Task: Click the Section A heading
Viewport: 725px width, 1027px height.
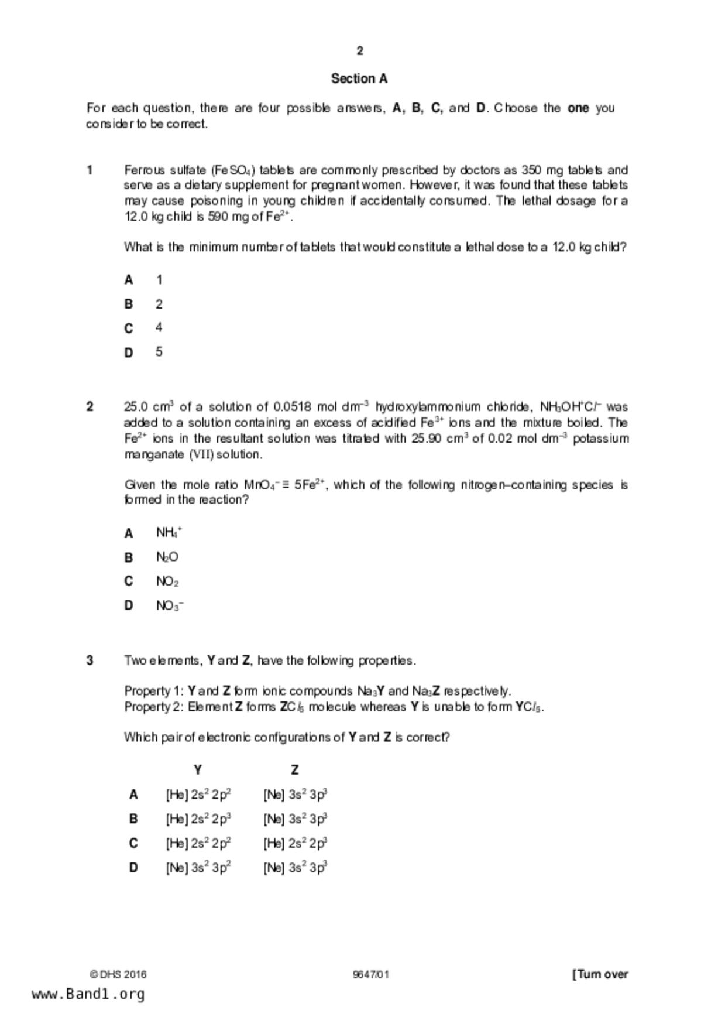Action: click(x=359, y=78)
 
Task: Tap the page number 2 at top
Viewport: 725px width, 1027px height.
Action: click(x=360, y=51)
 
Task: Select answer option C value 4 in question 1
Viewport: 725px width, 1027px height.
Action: click(x=159, y=328)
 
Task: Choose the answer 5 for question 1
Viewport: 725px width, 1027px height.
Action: click(x=159, y=352)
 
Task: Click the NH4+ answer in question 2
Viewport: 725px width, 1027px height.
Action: click(x=169, y=533)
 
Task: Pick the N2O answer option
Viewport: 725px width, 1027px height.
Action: click(x=167, y=557)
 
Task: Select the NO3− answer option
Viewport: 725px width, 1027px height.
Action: click(x=170, y=606)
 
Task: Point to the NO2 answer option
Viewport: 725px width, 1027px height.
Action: click(x=167, y=581)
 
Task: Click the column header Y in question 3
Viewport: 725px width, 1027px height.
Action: click(x=198, y=770)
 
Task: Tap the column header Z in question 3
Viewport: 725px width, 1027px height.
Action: click(x=295, y=770)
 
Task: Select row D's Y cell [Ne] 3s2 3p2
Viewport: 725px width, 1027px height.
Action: click(x=198, y=868)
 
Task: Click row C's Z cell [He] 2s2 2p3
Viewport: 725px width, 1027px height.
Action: click(x=295, y=843)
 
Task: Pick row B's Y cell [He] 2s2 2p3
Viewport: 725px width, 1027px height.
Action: click(x=198, y=819)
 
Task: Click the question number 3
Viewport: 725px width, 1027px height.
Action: click(x=90, y=660)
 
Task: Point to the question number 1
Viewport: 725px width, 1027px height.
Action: click(x=90, y=170)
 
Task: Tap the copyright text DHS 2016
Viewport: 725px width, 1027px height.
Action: click(x=118, y=975)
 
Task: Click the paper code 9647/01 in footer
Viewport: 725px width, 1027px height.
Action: click(x=371, y=975)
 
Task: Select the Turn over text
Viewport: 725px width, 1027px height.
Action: click(x=600, y=974)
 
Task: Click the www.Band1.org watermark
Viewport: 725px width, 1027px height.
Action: click(x=88, y=994)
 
